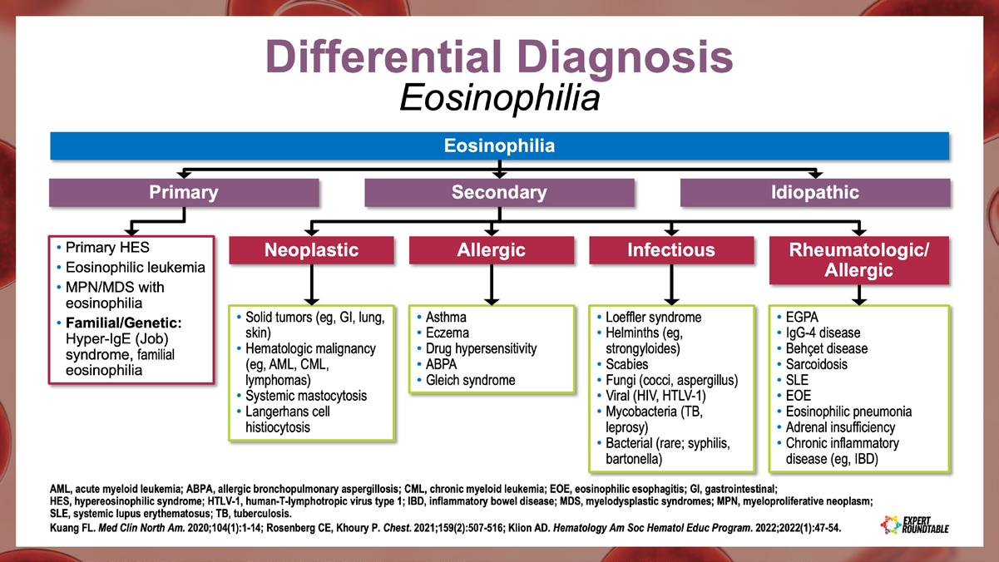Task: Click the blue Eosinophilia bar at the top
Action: [499, 146]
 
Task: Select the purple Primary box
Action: [183, 193]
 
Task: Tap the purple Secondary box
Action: [499, 193]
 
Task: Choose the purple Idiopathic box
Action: [814, 193]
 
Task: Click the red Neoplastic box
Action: [311, 250]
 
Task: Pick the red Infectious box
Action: [670, 250]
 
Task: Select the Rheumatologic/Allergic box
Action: [859, 259]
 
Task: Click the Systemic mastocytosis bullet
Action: [305, 396]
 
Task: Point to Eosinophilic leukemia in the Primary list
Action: [135, 268]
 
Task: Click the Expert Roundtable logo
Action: [913, 524]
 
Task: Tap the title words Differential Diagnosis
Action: [499, 57]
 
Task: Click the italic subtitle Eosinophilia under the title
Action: [499, 98]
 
